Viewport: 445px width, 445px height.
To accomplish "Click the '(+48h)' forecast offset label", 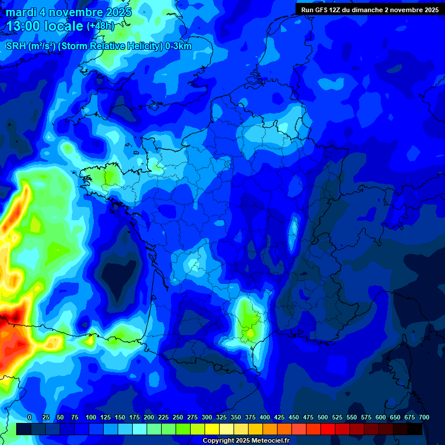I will (x=100, y=27).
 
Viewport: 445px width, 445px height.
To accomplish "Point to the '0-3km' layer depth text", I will (x=178, y=46).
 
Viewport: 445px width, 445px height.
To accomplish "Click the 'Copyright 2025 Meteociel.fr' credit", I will (x=245, y=441).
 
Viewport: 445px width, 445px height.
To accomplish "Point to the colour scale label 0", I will (x=30, y=418).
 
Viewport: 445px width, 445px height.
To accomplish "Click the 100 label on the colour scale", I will (x=91, y=418).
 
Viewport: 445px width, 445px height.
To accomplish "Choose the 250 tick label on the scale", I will (x=178, y=418).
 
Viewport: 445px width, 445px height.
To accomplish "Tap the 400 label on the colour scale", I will (x=265, y=418).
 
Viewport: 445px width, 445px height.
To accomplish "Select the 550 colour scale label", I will (x=352, y=418).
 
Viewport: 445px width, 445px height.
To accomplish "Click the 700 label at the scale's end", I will (x=424, y=418).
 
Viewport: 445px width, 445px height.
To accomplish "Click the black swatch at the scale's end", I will (x=415, y=429).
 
